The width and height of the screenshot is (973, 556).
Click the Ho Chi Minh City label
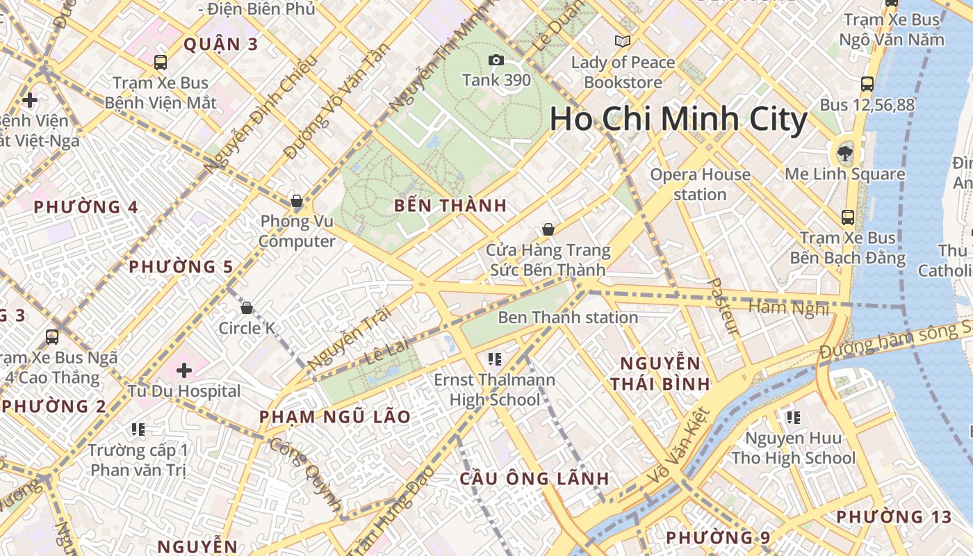(x=678, y=120)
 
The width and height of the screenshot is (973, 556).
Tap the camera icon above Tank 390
(x=496, y=60)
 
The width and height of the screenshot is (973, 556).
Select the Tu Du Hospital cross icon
(x=184, y=370)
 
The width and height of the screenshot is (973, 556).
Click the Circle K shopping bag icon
(x=247, y=307)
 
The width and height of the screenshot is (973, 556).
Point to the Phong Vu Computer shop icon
(x=297, y=202)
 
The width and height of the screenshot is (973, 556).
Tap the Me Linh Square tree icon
(x=845, y=152)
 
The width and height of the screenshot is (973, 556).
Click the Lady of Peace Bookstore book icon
(x=623, y=41)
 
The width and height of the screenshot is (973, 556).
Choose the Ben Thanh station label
(x=568, y=318)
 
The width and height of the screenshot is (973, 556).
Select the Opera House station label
(x=700, y=184)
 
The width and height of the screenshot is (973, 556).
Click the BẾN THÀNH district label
(x=450, y=206)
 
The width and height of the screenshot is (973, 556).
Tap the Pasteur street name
(x=723, y=306)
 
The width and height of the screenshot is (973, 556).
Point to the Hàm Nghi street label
(x=788, y=306)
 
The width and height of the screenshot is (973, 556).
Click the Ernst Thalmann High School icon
(x=495, y=359)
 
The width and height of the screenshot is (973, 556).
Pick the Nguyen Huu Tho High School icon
(x=793, y=418)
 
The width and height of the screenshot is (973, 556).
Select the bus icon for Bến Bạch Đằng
(x=848, y=217)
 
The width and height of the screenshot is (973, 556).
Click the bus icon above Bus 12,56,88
(x=867, y=84)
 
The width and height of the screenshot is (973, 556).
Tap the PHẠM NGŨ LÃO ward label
(x=335, y=417)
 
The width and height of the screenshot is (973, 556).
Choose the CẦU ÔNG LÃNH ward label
(x=534, y=479)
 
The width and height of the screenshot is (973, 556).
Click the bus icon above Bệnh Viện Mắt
(x=161, y=63)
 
